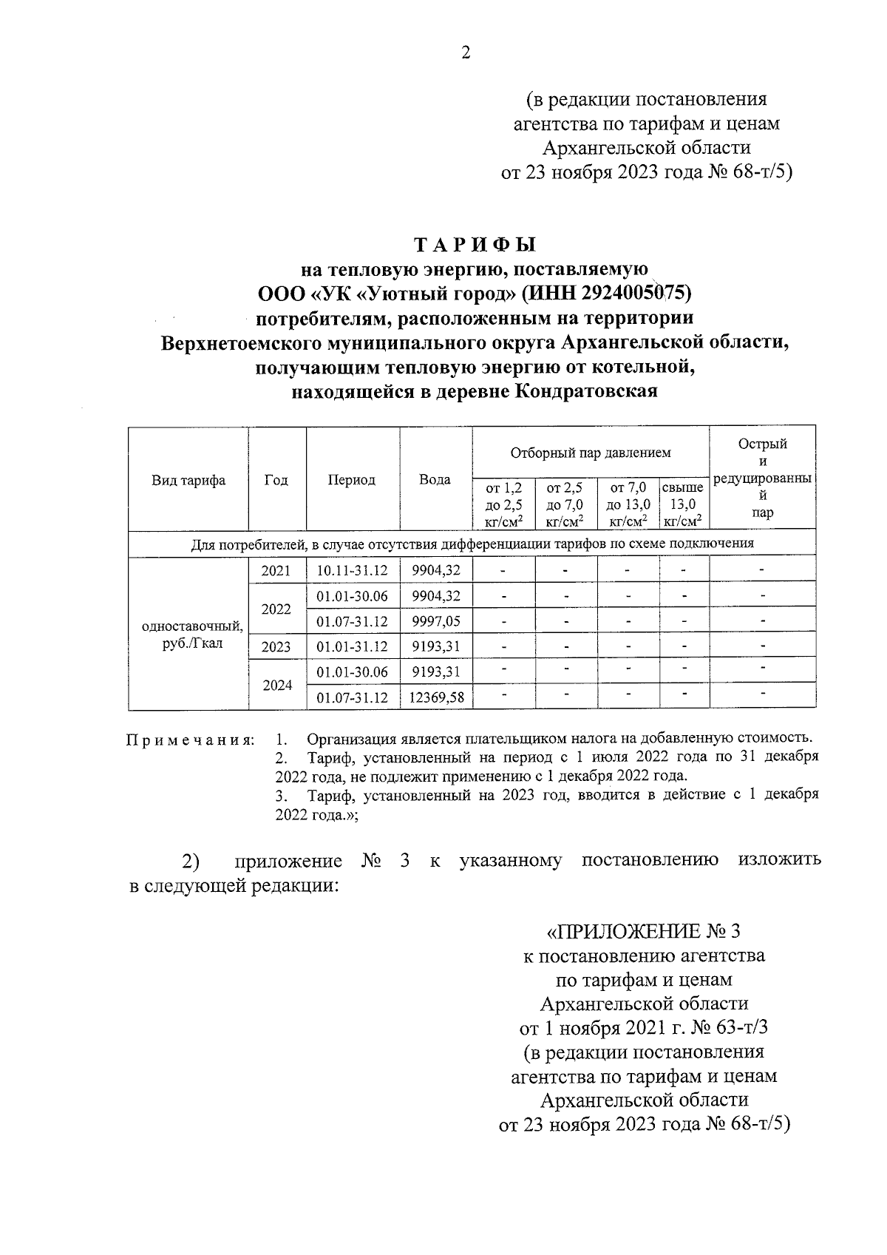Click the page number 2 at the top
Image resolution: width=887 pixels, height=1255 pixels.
[465, 53]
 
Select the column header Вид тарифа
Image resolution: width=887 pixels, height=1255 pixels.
[188, 481]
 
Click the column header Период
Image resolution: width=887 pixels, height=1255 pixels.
[352, 480]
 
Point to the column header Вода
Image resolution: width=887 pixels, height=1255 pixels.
[435, 480]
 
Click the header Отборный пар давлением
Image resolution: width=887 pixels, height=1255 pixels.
[591, 452]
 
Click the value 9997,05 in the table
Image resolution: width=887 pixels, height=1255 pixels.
[436, 621]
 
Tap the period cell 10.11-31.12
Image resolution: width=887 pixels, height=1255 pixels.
[352, 571]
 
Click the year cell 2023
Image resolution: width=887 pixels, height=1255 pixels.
[276, 647]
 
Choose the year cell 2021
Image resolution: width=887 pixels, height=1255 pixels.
[276, 571]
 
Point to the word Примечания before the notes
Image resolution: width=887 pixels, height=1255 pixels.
[190, 740]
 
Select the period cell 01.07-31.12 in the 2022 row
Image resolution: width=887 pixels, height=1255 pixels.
[352, 621]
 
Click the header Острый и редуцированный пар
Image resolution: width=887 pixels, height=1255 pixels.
[762, 478]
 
